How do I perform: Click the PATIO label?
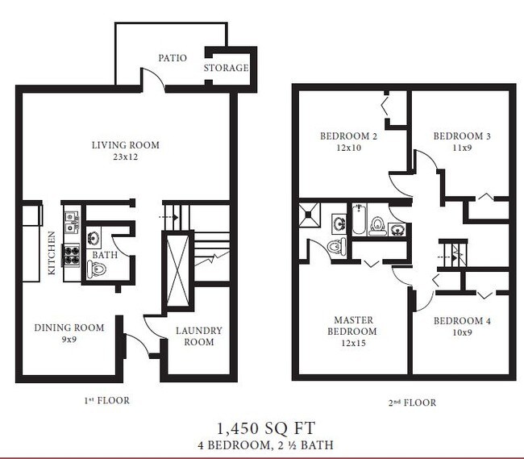point(173,58)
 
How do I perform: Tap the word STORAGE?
point(226,68)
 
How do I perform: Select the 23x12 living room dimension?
point(125,158)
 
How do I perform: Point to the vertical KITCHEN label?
point(52,253)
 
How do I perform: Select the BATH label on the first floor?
point(105,255)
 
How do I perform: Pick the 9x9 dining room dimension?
point(69,340)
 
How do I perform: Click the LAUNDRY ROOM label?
point(198,336)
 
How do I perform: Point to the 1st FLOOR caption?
point(106,400)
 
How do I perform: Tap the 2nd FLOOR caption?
point(408,402)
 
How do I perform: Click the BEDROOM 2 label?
point(348,136)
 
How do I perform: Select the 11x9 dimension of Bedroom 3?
point(462,148)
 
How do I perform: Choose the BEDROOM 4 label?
point(462,320)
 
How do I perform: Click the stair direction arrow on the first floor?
point(170,216)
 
